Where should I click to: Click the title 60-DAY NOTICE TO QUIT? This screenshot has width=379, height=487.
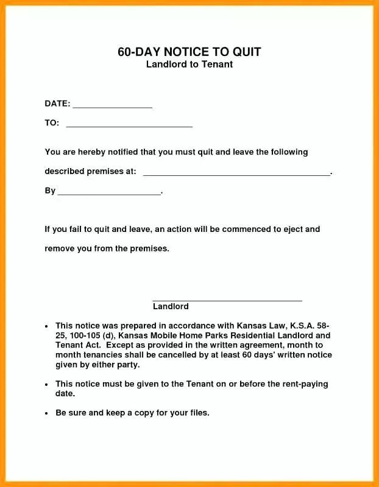(x=189, y=52)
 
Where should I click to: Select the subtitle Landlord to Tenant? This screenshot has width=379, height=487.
(x=189, y=65)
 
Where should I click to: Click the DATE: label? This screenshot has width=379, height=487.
(x=57, y=103)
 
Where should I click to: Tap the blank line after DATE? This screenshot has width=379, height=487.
(x=112, y=107)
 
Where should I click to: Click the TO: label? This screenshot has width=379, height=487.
(x=52, y=123)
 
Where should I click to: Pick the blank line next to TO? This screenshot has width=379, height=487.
(x=129, y=126)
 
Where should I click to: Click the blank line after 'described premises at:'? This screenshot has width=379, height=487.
(x=236, y=174)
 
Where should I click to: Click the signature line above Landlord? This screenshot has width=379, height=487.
(x=227, y=300)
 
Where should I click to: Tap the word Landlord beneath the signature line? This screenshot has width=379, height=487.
(x=171, y=307)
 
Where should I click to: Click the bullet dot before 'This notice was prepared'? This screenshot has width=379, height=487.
(x=47, y=326)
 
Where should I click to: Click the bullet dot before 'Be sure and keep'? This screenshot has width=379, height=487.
(x=47, y=413)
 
